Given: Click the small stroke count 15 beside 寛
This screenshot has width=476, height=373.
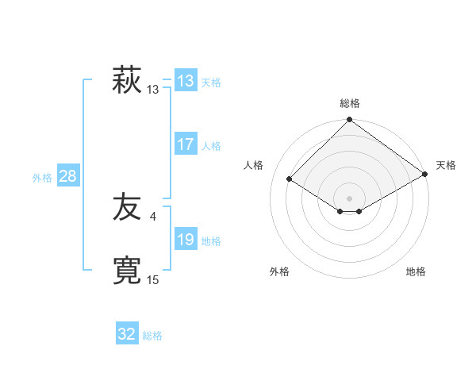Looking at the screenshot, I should point(152,279).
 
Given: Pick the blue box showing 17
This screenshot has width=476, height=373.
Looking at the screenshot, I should point(186,144).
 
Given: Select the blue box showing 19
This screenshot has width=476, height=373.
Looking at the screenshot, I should point(186,240).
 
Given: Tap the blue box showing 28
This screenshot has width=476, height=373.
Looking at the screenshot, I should point(67,176).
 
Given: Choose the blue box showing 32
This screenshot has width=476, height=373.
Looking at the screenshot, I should point(127,334).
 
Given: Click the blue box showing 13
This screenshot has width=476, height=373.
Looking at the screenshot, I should point(186,81).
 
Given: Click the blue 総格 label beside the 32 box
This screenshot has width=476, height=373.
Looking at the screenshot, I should point(152,336).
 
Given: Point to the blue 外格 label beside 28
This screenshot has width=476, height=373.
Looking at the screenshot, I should point(42,178).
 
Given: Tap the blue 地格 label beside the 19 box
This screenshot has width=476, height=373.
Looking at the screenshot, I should point(211,241).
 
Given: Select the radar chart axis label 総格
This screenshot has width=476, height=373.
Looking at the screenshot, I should point(350,103).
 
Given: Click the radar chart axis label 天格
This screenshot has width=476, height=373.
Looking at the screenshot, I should point(446,165).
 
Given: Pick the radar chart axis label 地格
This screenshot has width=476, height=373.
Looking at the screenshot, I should point(416,271).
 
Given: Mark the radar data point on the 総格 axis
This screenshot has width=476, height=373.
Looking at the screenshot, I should point(350,121).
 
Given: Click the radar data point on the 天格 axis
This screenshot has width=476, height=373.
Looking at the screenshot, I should point(426,175).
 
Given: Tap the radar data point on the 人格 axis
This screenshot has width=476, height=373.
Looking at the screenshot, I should point(290,179).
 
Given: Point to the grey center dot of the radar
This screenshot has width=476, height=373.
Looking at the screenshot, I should point(350,198).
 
